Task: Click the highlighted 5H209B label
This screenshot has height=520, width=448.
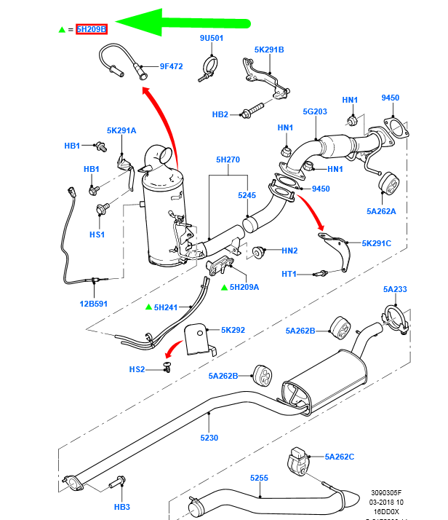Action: tap(92, 29)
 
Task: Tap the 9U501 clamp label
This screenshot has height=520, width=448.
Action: tap(212, 37)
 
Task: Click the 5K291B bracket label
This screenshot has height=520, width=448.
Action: tap(269, 50)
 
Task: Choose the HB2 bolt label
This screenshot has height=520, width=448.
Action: tap(220, 114)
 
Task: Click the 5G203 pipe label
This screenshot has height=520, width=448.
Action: tap(316, 111)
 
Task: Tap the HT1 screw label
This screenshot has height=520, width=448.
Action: tap(289, 274)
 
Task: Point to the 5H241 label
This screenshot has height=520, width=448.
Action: tap(166, 307)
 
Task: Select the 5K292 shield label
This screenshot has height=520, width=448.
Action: tap(233, 330)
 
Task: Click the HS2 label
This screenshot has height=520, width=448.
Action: tap(137, 369)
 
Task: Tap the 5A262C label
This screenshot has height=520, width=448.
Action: tap(340, 457)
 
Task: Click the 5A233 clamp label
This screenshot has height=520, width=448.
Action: tap(396, 289)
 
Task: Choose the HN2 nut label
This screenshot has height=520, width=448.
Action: tap(289, 251)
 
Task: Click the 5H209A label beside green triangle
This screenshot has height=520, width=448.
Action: tap(244, 287)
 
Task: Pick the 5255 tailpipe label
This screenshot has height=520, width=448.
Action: tap(260, 478)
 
